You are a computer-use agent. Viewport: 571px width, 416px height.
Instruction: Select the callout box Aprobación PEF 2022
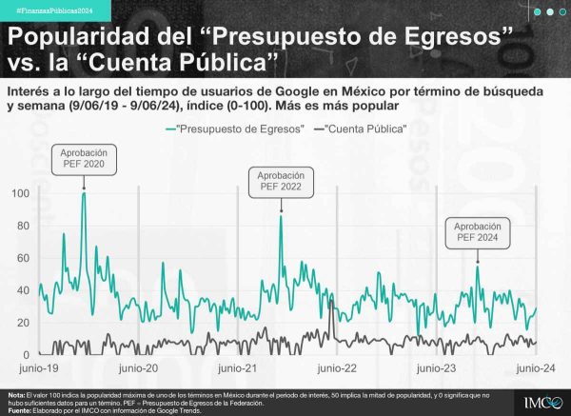coord(281,181)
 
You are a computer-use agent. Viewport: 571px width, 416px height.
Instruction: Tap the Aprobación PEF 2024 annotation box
coord(477,232)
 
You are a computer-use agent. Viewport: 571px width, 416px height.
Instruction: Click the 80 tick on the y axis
coord(21,226)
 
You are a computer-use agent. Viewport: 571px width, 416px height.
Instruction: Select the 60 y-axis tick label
coord(21,258)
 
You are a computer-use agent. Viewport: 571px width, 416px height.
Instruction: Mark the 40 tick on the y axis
coord(21,290)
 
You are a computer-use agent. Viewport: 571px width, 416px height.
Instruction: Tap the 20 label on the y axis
coord(21,323)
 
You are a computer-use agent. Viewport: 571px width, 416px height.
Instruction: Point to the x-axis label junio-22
coord(337,367)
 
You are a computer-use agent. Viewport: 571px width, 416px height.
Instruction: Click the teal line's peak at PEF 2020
coord(84,193)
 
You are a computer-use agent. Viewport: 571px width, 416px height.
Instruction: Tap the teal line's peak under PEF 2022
coord(281,216)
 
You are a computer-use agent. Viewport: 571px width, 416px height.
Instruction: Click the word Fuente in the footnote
coord(19,408)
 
